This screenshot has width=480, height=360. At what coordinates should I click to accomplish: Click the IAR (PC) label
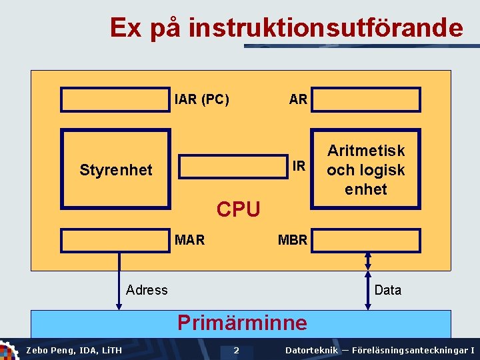coord(201,99)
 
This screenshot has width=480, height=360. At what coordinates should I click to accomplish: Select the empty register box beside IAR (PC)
coord(115,99)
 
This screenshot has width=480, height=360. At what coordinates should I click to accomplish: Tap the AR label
coord(298,99)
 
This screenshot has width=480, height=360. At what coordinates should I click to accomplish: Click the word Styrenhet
coord(116,170)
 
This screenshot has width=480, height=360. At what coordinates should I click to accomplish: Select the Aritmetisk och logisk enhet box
coord(366,170)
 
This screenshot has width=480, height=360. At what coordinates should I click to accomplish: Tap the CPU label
coord(238,209)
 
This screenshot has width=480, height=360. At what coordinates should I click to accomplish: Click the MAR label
coord(189,239)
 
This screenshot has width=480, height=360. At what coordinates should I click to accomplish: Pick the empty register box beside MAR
coord(115,240)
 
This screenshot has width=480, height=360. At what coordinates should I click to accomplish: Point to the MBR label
coord(293,239)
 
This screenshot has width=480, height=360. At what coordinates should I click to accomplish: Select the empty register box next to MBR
coord(367,240)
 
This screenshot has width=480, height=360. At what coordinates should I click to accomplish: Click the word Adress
coord(147,289)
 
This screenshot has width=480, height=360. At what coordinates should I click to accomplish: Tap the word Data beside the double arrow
coord(388,289)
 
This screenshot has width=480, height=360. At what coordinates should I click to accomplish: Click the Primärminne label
coord(242,323)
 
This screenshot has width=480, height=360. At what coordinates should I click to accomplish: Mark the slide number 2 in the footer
coord(236,350)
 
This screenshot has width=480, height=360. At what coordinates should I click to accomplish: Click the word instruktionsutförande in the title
coord(325,28)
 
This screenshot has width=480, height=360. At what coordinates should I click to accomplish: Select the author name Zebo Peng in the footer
coord(48,350)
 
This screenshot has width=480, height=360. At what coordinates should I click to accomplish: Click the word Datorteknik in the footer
coord(311,350)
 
